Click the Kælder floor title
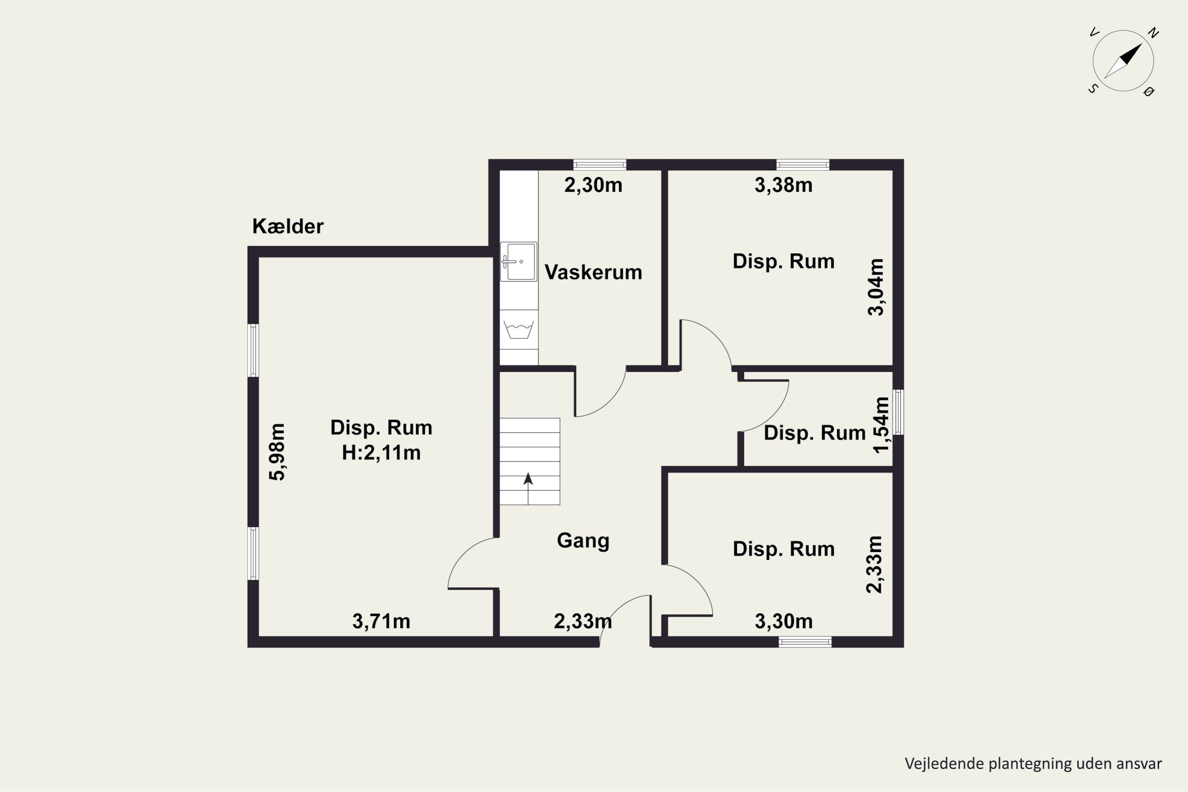288,226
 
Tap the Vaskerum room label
593,272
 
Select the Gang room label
583,541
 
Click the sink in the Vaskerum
519,262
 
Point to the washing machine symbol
519,329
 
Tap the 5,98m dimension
277,452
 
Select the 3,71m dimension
381,621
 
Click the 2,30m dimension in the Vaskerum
593,185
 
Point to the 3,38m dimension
783,185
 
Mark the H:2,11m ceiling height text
381,453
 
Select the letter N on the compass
1153,33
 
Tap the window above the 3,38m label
803,165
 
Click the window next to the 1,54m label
898,412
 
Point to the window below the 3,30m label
805,642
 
